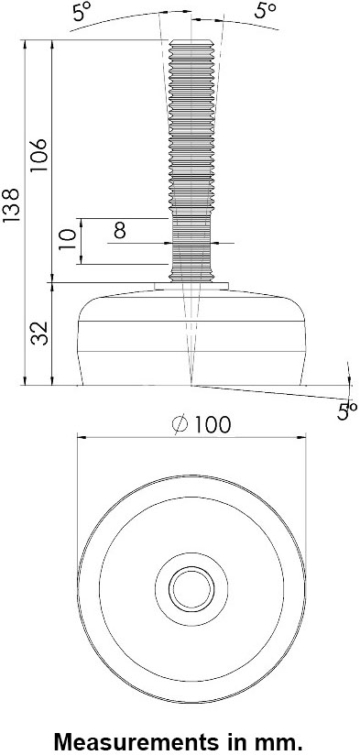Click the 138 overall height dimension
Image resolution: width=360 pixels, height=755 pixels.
coord(12,205)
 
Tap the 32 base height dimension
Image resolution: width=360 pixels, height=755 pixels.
coord(40,334)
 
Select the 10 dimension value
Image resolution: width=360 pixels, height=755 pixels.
coord(68,239)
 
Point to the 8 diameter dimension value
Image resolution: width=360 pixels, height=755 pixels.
coord(120,231)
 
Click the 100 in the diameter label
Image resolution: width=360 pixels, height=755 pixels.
coord(213,425)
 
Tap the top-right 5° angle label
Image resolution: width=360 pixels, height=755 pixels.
coord(265,10)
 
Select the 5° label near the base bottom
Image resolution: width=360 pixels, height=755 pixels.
coord(346,411)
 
